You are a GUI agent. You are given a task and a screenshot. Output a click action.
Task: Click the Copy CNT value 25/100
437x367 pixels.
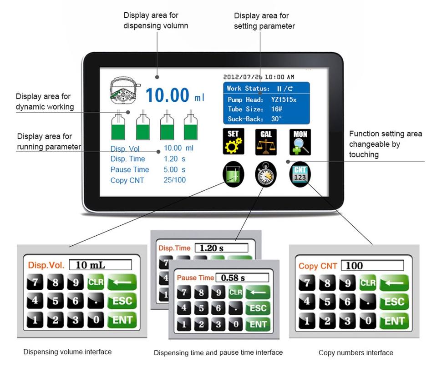[175, 180]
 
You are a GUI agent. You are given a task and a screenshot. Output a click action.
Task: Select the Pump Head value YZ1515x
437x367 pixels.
[284, 99]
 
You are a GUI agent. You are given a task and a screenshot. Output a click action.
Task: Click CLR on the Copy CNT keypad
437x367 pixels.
[368, 283]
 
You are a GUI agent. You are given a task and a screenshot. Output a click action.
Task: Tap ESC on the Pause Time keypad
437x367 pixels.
[258, 308]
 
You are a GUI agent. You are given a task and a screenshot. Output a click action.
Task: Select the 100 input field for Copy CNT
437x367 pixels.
[372, 266]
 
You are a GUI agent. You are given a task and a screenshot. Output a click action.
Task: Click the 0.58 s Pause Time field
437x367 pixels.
[242, 278]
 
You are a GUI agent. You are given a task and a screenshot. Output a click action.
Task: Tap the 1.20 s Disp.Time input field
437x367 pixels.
[221, 248]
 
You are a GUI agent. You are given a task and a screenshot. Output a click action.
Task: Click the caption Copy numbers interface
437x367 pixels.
[356, 352]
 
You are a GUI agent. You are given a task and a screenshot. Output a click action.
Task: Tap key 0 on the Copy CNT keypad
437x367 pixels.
[368, 321]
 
